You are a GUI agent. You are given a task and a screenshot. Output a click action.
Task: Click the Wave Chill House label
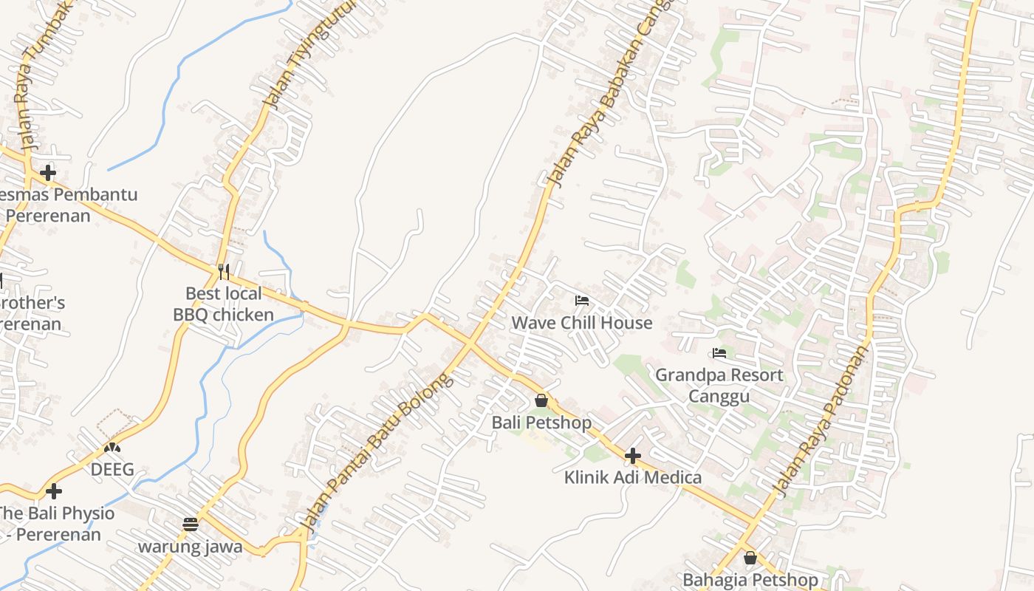(x=582, y=323)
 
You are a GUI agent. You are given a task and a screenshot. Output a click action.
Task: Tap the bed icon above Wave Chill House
(x=582, y=301)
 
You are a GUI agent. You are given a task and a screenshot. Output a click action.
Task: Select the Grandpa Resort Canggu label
(x=719, y=385)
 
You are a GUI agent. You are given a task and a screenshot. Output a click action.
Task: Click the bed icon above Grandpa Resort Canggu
(x=719, y=353)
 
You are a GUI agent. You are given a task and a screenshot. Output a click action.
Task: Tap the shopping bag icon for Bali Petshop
(x=541, y=400)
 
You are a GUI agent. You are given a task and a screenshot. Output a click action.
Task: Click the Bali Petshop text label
(x=541, y=423)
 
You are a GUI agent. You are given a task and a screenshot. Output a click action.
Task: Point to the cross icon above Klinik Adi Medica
(x=633, y=456)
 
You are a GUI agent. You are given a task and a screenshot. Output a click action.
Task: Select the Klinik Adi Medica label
(x=633, y=477)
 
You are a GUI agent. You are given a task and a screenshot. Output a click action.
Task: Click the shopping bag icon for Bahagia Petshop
(x=750, y=558)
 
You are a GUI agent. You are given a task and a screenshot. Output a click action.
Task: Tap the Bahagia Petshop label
(x=750, y=580)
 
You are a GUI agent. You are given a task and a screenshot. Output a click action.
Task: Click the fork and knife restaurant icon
(x=224, y=272)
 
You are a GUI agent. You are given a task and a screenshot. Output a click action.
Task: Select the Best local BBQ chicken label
(x=223, y=304)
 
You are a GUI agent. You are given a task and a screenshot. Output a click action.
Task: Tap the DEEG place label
(x=112, y=469)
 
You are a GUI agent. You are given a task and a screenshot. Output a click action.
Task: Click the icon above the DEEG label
(x=112, y=447)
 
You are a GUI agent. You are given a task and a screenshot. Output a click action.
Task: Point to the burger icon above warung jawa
(x=191, y=525)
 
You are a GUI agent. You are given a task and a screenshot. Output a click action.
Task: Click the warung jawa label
(x=191, y=547)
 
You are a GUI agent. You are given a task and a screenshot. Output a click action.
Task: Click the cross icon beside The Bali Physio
(x=53, y=491)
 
